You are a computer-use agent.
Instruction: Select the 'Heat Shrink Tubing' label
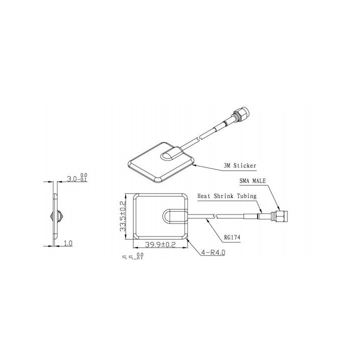[x=227, y=196]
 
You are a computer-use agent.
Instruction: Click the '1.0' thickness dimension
[x=68, y=243]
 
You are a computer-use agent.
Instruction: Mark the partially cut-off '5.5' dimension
[x=129, y=257]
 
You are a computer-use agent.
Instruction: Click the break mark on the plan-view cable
[x=215, y=216]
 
